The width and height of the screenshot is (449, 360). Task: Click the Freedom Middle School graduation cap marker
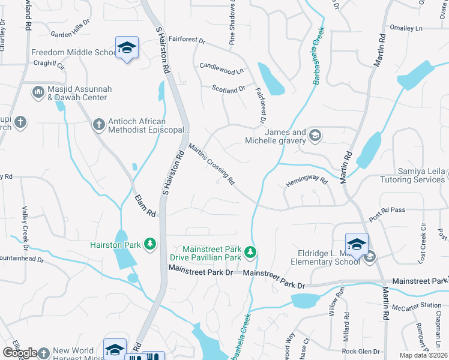(127, 47)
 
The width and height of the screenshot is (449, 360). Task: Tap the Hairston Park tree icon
(149, 244)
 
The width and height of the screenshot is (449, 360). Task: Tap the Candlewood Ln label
(221, 68)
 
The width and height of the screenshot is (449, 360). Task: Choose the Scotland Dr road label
(229, 88)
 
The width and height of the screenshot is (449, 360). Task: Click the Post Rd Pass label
(387, 215)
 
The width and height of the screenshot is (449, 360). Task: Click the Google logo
(20, 353)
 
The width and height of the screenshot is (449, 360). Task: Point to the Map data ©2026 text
(423, 355)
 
